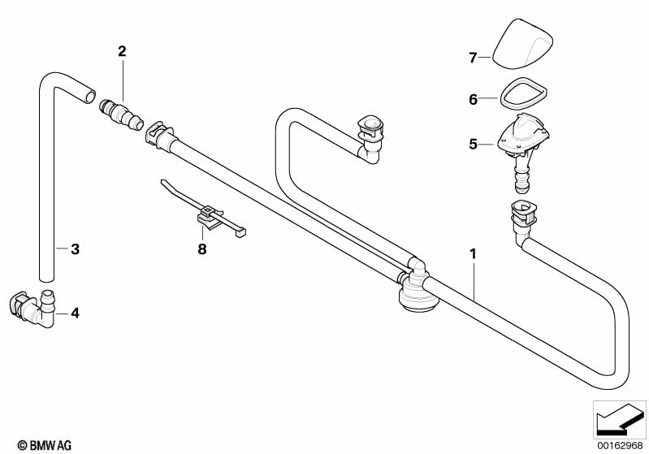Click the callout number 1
(x=472, y=254)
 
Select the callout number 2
(x=122, y=51)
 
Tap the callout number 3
(x=75, y=249)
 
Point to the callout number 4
(x=75, y=312)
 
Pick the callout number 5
(x=473, y=145)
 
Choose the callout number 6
(x=473, y=100)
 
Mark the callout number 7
(x=473, y=58)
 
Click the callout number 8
(x=202, y=249)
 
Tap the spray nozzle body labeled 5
(x=524, y=138)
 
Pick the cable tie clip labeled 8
(x=210, y=215)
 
